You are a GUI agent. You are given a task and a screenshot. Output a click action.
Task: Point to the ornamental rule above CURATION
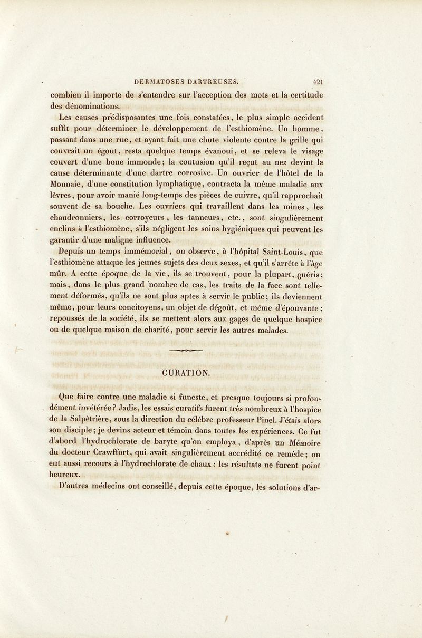(x=187, y=350)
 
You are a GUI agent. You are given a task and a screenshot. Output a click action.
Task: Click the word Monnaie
(x=69, y=186)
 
